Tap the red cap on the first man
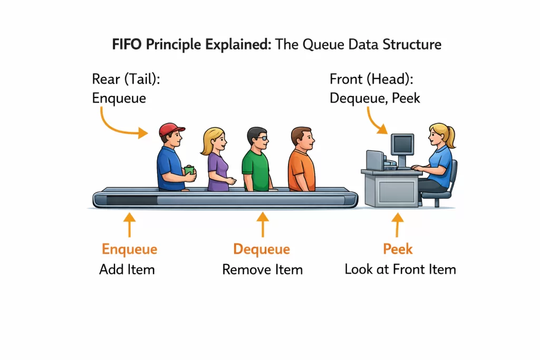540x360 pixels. [171, 129]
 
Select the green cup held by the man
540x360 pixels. [189, 170]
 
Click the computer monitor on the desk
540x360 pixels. [402, 144]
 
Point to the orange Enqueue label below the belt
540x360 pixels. [129, 249]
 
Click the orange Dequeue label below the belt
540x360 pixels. [262, 249]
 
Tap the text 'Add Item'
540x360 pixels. [127, 269]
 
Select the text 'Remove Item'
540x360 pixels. [262, 269]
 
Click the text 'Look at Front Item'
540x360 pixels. [400, 269]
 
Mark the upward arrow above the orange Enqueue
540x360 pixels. [129, 224]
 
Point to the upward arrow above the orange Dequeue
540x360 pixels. [262, 224]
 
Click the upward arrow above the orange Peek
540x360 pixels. [398, 224]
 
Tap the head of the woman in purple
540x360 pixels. [214, 139]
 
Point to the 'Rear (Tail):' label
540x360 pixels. [126, 80]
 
